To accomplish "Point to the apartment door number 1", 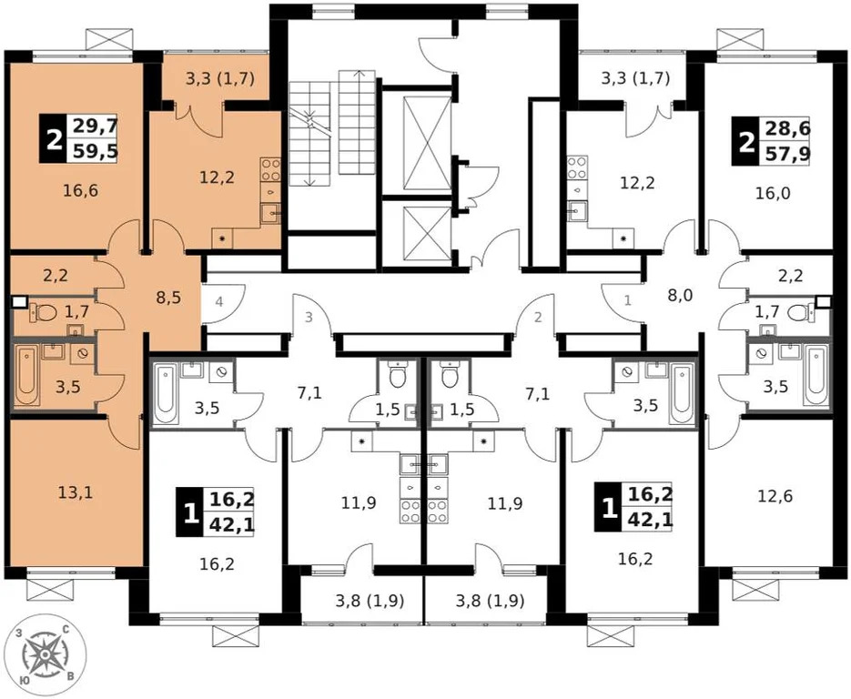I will (626, 299).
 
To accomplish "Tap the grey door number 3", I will (309, 317).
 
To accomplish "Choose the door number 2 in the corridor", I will (538, 317).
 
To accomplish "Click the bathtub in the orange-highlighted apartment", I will (26, 373).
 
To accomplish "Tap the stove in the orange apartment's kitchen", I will (270, 169).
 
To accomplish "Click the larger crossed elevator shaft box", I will (420, 141).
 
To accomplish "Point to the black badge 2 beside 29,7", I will (53, 139).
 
